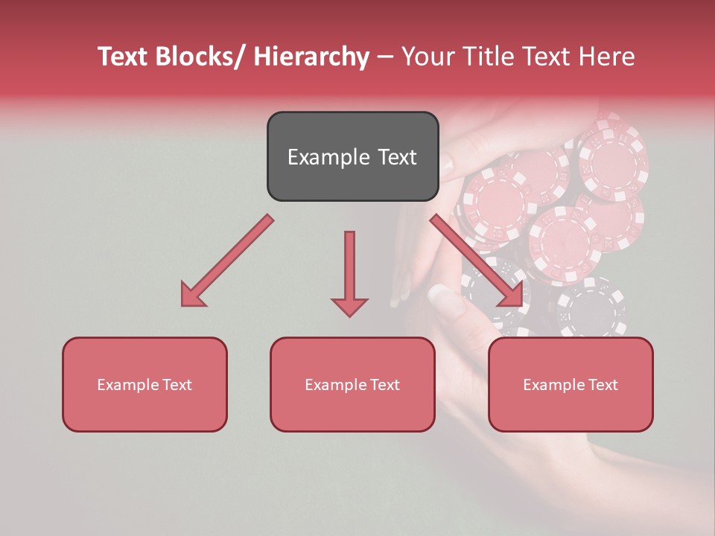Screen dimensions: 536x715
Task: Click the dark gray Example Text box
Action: (x=352, y=156)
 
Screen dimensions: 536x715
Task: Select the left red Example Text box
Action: (x=144, y=384)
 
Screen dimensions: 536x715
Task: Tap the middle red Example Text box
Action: (x=352, y=384)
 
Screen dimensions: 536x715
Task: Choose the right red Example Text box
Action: (x=571, y=384)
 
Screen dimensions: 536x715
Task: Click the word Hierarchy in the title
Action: (x=311, y=57)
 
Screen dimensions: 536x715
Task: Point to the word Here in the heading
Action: (x=608, y=57)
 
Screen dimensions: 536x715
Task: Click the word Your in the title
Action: (x=426, y=57)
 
